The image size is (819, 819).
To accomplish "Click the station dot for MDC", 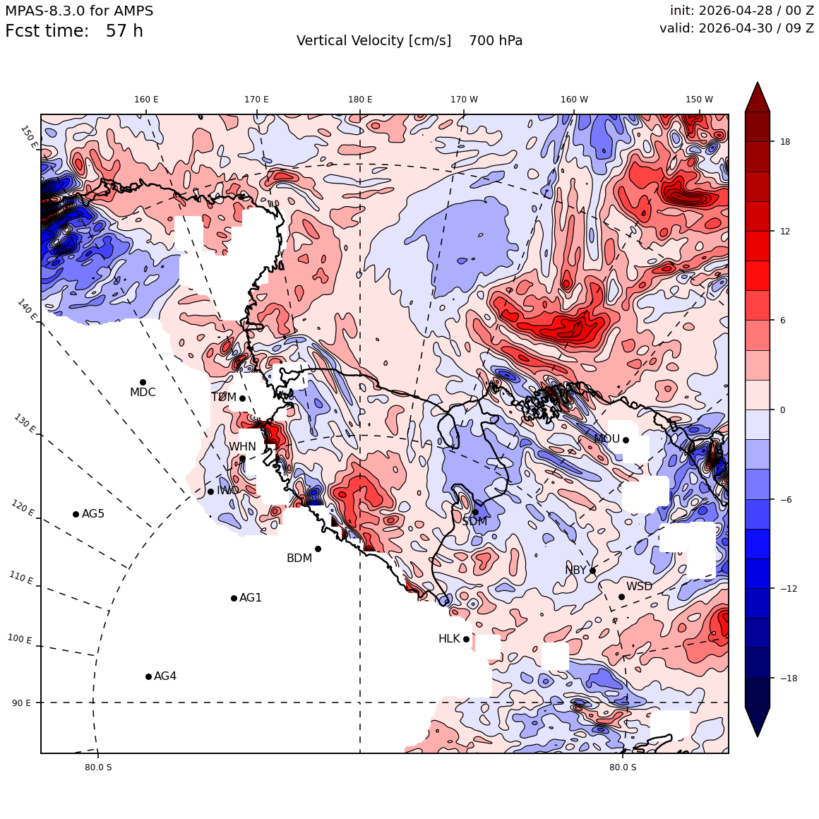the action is pyautogui.click(x=143, y=383).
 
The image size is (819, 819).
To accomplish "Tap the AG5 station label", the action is pyautogui.click(x=93, y=514).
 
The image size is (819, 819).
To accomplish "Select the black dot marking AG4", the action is pyautogui.click(x=148, y=677).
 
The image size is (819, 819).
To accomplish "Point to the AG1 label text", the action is pyautogui.click(x=250, y=597).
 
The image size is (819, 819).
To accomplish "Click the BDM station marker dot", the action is pyautogui.click(x=318, y=549).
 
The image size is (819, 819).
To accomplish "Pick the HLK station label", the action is pyautogui.click(x=449, y=639).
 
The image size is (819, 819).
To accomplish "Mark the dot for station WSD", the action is pyautogui.click(x=621, y=597).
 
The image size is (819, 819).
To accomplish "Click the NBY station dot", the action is pyautogui.click(x=593, y=571).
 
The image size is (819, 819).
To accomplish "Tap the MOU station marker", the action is pyautogui.click(x=626, y=440).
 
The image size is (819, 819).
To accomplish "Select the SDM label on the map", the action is pyautogui.click(x=474, y=521).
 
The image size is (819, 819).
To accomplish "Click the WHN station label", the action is pyautogui.click(x=242, y=447).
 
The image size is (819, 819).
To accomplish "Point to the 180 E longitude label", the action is pyautogui.click(x=360, y=100).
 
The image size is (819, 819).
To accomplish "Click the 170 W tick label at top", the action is pyautogui.click(x=464, y=100).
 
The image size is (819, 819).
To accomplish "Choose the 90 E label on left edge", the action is pyautogui.click(x=21, y=703).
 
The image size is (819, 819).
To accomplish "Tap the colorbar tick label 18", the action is pyautogui.click(x=785, y=141).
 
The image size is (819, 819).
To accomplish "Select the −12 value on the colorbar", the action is pyautogui.click(x=789, y=589).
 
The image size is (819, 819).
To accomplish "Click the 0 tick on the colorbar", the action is pyautogui.click(x=782, y=410).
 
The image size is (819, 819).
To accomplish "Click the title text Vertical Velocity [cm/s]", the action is pyautogui.click(x=373, y=41).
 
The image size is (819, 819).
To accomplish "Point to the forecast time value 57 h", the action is pyautogui.click(x=124, y=31).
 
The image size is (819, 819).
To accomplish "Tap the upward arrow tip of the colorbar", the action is pyautogui.click(x=758, y=83).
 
